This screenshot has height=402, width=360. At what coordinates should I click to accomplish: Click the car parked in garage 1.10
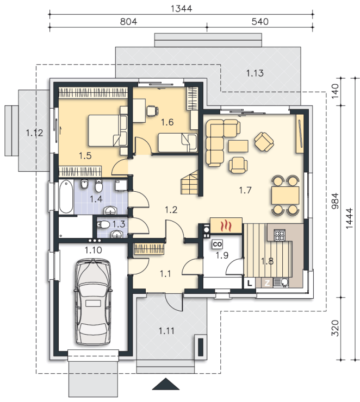tap(93, 301)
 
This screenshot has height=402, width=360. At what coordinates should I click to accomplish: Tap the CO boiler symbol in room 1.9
tap(217, 244)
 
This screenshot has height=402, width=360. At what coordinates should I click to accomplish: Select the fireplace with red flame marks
tap(226, 225)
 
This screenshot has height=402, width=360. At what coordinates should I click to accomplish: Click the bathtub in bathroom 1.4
tap(66, 197)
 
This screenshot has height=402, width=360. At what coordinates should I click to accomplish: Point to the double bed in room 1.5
tap(108, 130)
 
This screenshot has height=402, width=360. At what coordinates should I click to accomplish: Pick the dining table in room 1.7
tap(285, 196)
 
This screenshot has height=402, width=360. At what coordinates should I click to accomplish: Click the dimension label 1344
tap(181, 9)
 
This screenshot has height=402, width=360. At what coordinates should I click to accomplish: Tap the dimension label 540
tap(260, 22)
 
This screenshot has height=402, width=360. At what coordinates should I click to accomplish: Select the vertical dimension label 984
tap(335, 201)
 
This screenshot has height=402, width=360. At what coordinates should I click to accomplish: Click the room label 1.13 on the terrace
tap(255, 73)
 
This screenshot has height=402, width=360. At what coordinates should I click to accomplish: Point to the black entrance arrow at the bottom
tap(165, 384)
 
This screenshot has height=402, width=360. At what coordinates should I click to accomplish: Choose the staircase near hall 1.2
tap(190, 183)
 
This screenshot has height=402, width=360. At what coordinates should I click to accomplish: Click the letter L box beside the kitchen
tap(250, 283)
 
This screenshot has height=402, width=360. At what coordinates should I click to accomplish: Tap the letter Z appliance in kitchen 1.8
tap(267, 283)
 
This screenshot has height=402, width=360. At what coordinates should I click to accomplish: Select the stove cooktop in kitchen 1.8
tap(279, 235)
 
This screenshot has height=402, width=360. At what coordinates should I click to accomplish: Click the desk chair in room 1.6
tap(152, 111)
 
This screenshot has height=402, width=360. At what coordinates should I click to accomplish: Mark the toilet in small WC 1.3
tap(103, 225)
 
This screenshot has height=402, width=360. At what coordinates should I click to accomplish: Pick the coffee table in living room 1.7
tap(238, 146)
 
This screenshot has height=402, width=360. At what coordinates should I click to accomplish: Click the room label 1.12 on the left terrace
tap(34, 133)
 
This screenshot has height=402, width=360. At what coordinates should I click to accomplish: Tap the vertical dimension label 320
tap(335, 328)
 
